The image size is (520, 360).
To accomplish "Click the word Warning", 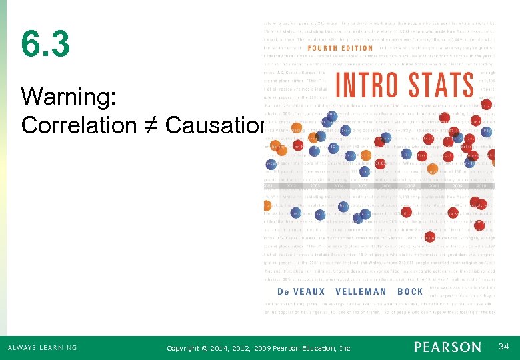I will point(69,97).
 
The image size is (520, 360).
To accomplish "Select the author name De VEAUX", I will point(301,291).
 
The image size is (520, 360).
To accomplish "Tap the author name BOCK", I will point(410,291).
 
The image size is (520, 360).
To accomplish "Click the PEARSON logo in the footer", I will point(447,347).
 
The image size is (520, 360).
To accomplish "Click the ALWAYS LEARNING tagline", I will point(42,348).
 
